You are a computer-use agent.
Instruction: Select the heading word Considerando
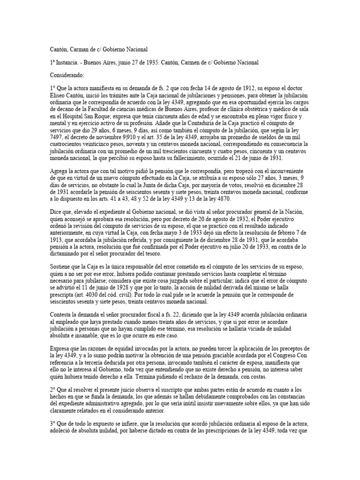coord(67,75)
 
